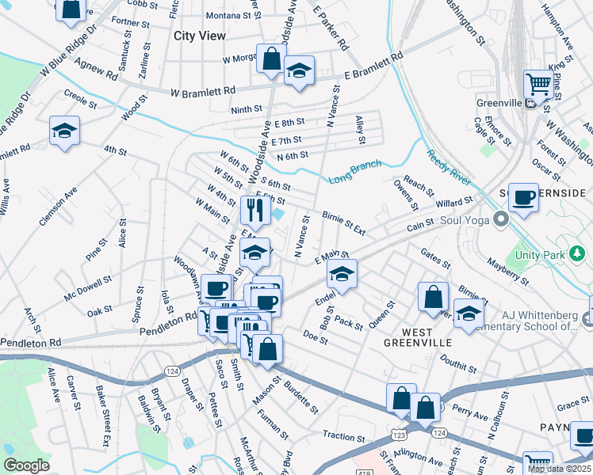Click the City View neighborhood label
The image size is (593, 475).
[x=200, y=36]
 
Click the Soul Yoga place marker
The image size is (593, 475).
[x=500, y=217]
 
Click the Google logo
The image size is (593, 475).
[x=26, y=465]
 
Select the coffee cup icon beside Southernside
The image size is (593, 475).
[x=522, y=198]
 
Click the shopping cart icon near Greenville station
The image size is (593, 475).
[x=538, y=83]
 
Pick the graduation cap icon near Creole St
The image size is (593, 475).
[x=64, y=131]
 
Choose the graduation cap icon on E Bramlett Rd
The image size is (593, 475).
[x=299, y=70]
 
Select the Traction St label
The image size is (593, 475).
[x=342, y=436]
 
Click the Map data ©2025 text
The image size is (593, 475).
[x=559, y=469]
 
